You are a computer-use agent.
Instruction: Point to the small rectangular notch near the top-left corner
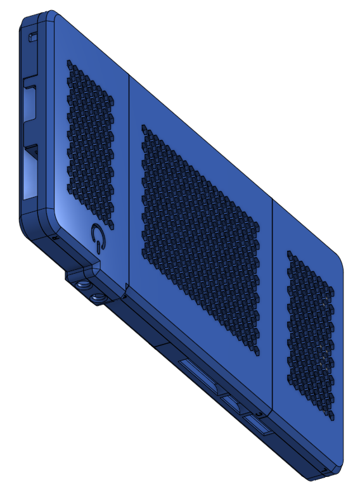coord(30,37)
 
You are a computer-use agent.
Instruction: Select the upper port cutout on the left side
coord(30,101)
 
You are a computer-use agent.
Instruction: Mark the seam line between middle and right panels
coord(273,304)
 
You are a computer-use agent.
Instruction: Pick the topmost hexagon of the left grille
coord(68,63)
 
